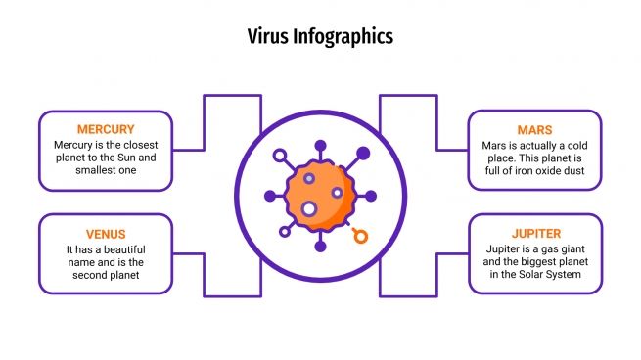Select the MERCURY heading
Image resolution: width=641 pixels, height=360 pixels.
(106, 129)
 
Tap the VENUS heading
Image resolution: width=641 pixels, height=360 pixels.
(106, 234)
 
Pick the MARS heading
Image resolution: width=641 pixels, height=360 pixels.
(534, 129)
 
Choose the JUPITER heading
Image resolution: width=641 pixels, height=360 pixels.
(534, 234)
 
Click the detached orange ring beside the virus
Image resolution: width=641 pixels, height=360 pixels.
(361, 235)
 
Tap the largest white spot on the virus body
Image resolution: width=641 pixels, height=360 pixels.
(309, 208)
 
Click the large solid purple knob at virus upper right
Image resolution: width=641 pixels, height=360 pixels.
(363, 153)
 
